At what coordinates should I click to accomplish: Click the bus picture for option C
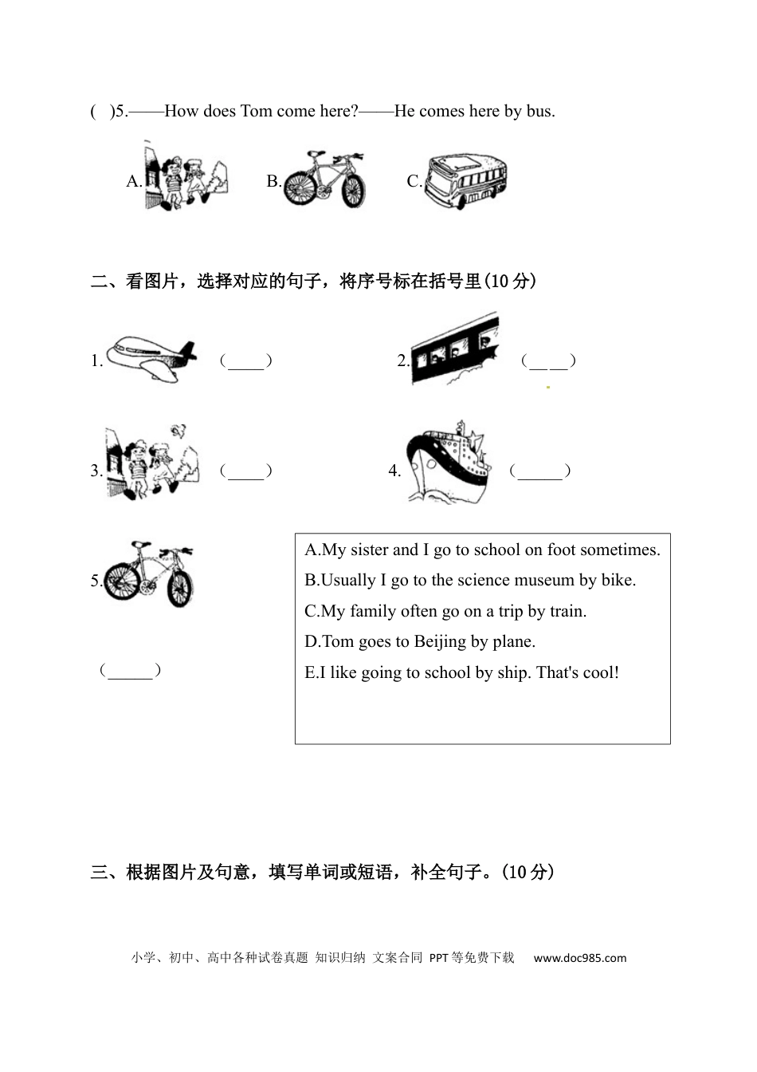pyautogui.click(x=466, y=182)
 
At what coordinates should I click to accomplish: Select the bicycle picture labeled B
pyautogui.click(x=324, y=179)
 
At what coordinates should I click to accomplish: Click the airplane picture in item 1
pyautogui.click(x=151, y=359)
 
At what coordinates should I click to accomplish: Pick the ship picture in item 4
pyautogui.click(x=446, y=463)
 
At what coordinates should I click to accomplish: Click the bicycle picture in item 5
pyautogui.click(x=149, y=574)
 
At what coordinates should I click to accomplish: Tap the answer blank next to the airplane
pyautogui.click(x=246, y=361)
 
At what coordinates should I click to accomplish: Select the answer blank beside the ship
pyautogui.click(x=540, y=471)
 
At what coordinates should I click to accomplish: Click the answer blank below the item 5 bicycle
pyautogui.click(x=130, y=671)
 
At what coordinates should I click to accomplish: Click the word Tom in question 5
pyautogui.click(x=256, y=112)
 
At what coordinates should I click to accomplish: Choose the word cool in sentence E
pyautogui.click(x=600, y=673)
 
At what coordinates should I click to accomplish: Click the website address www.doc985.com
pyautogui.click(x=579, y=958)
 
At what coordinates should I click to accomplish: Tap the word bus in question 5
pyautogui.click(x=539, y=112)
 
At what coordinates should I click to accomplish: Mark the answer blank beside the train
pyautogui.click(x=548, y=361)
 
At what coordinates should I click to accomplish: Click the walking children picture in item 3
pyautogui.click(x=151, y=463)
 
